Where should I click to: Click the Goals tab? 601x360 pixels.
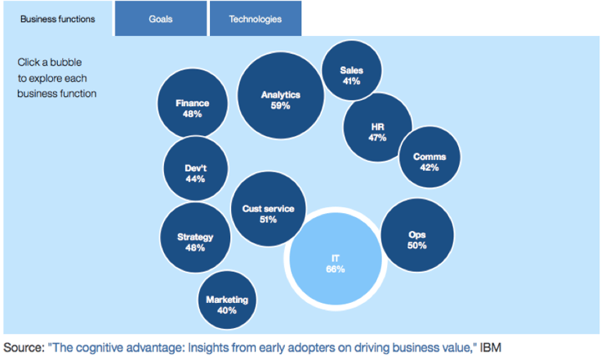click(x=161, y=19)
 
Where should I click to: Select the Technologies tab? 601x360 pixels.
click(x=255, y=19)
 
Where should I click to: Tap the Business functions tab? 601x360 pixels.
click(x=58, y=19)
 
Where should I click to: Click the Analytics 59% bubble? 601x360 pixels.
click(x=280, y=95)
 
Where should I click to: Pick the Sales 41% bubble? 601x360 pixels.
click(x=351, y=70)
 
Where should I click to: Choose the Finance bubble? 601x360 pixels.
click(x=193, y=103)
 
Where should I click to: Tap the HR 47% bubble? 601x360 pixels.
click(x=378, y=127)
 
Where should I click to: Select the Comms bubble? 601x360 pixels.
click(x=429, y=157)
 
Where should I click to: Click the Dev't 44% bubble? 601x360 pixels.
click(x=195, y=169)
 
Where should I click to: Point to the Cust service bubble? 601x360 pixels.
click(x=268, y=209)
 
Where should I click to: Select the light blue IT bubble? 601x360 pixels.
click(x=336, y=258)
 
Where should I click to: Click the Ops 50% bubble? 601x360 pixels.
click(x=417, y=235)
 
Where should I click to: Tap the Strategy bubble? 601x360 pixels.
click(x=195, y=237)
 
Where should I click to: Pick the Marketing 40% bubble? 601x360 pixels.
click(x=227, y=300)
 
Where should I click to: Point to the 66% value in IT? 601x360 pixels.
click(x=336, y=269)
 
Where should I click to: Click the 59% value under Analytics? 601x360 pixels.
click(x=280, y=106)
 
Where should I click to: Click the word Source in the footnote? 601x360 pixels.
click(x=23, y=348)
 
